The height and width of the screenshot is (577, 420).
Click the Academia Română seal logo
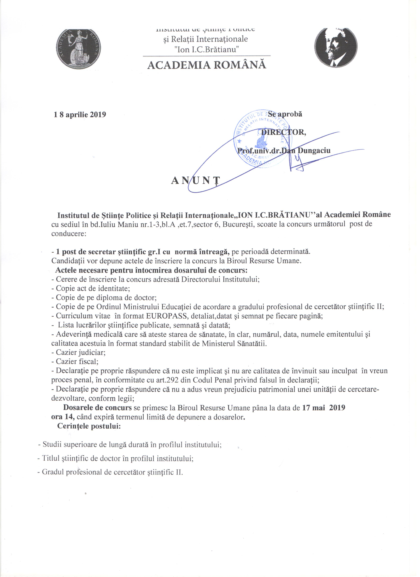78,49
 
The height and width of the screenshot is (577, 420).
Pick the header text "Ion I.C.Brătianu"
205,49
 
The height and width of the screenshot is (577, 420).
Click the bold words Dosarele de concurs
97,408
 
